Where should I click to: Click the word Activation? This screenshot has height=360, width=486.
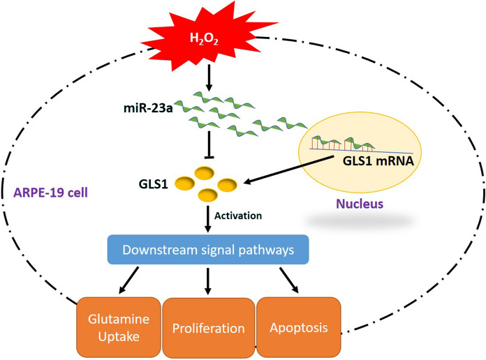pos(237,216)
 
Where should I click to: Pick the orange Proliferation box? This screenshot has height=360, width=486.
pos(208,328)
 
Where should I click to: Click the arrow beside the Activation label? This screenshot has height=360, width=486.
pos(207,218)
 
